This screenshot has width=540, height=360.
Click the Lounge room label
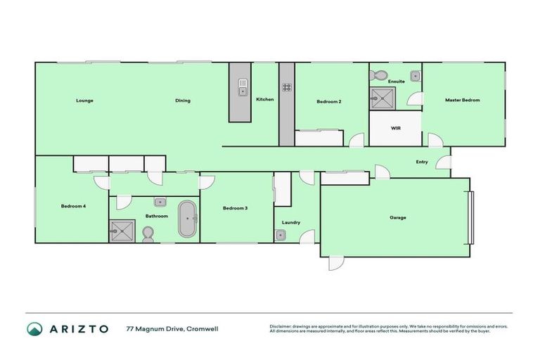[84, 101]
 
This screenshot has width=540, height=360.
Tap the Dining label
[183, 101]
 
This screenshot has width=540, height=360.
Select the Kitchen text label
[264, 99]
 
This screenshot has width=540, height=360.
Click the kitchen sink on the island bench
[243, 90]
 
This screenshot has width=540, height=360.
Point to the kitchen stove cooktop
[287, 88]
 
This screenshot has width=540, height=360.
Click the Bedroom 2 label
[328, 102]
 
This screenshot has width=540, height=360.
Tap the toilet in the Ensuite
[379, 74]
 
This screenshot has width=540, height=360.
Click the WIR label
[395, 129]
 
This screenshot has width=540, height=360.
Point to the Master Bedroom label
[462, 100]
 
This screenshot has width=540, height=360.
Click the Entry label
[421, 162]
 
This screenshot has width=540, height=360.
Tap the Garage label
[398, 217]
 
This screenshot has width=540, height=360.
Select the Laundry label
[291, 222]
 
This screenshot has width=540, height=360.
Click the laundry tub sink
[281, 236]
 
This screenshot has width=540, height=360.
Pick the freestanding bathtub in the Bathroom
[187, 219]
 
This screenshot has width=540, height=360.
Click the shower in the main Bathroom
[121, 229]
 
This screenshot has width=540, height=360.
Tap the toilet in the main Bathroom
[148, 233]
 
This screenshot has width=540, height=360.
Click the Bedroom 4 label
[73, 205]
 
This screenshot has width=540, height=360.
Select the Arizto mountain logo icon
[34, 329]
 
